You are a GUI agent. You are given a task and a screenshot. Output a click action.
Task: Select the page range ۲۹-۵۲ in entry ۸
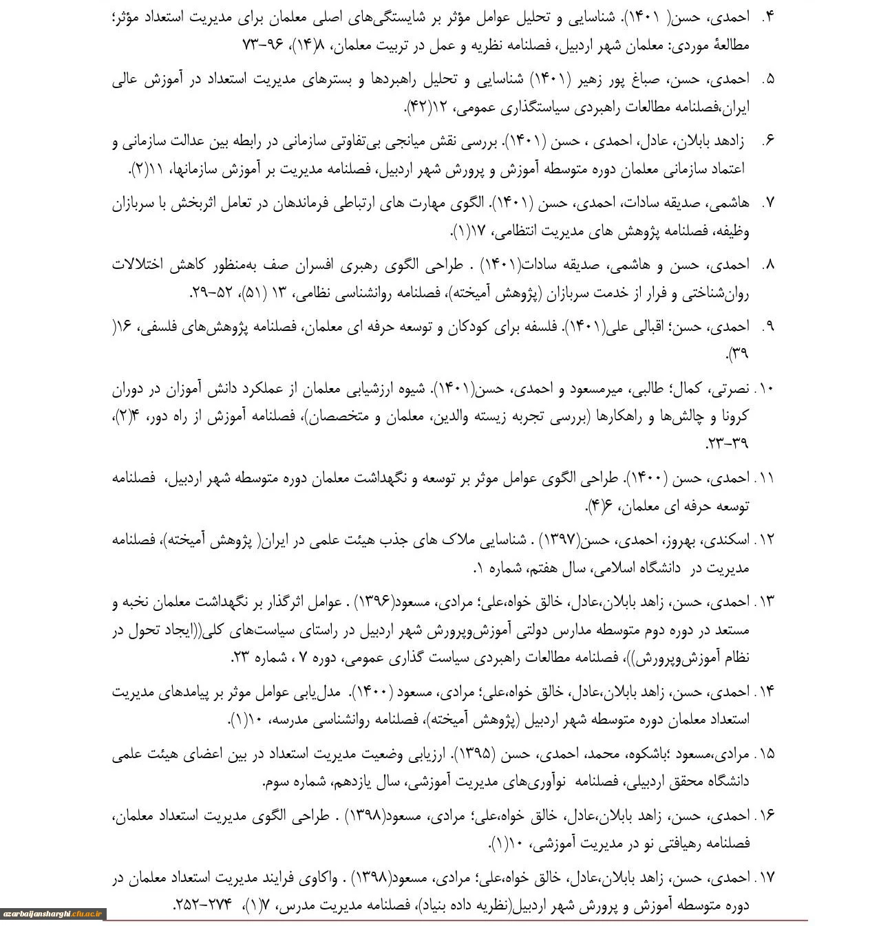click(210, 294)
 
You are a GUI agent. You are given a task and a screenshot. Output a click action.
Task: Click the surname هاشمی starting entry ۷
click(729, 203)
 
